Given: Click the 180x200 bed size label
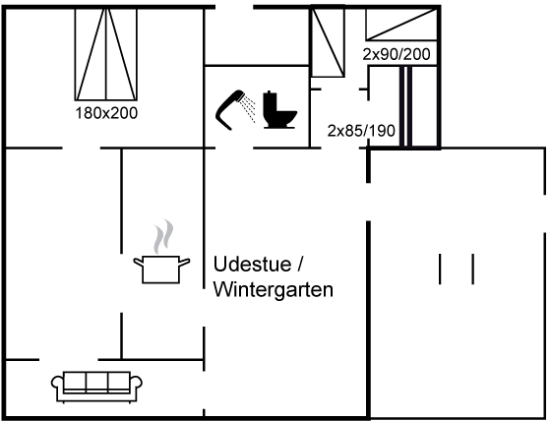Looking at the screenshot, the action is coord(106,113).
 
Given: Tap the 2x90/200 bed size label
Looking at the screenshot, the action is coord(397,54).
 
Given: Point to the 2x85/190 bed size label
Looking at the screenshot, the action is coord(361,131).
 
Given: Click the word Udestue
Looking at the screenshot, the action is coord(252,264).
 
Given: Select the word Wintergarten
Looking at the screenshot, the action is coord(274,289).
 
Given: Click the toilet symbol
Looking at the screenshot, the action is coord(280,109).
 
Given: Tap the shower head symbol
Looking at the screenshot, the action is coord(229,109).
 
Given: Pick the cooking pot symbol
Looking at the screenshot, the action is coord(161,270).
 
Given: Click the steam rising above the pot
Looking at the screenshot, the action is coord(163,236).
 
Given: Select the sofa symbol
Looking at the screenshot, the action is coord(96,387).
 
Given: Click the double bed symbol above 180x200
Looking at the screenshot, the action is coord(106,54).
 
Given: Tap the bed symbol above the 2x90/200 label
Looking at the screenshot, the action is coord(401,24).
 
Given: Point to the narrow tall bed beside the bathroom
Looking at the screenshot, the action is coord(328,42).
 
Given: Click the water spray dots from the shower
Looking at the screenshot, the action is coord(250,109).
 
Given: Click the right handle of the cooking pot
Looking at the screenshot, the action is coord(185,262).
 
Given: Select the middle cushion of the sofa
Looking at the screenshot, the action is coord(96,382).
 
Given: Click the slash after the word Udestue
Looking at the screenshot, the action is coord(300,264).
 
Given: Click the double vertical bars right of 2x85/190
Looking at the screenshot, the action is coord(405,107).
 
